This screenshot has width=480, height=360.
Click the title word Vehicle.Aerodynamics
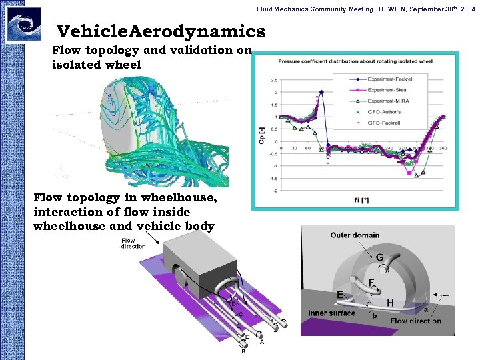pyautogui.click(x=161, y=31)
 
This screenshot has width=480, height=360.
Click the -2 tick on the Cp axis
pyautogui.click(x=275, y=191)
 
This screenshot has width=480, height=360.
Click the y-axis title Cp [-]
pyautogui.click(x=261, y=135)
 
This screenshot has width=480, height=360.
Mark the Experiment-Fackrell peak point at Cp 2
pyautogui.click(x=322, y=92)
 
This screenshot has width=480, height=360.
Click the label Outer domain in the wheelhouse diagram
pyautogui.click(x=355, y=235)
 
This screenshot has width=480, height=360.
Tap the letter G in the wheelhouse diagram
pyautogui.click(x=379, y=257)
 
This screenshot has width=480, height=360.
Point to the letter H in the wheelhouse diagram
pyautogui.click(x=390, y=302)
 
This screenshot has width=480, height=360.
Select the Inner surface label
pyautogui.click(x=331, y=313)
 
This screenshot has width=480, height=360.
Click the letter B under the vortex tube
pyautogui.click(x=243, y=351)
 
